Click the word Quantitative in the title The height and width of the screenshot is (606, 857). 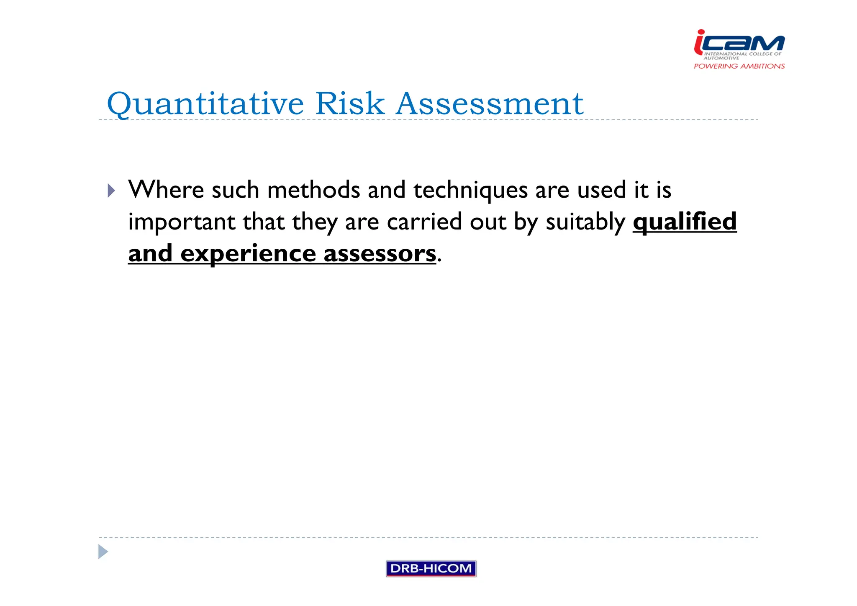(205, 103)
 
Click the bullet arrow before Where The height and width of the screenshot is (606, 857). (111, 191)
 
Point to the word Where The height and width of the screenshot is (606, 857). (166, 190)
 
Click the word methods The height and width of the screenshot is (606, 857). (313, 190)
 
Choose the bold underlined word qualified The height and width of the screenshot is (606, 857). (684, 222)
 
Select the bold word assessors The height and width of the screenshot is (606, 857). (380, 254)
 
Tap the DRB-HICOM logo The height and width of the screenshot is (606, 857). (431, 568)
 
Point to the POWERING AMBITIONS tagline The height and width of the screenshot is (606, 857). (739, 66)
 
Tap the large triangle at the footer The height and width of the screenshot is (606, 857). (103, 552)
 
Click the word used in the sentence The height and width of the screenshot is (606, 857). (601, 190)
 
